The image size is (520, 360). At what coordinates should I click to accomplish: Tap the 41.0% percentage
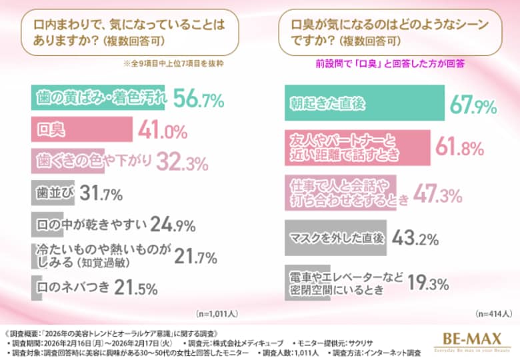coord(163,131)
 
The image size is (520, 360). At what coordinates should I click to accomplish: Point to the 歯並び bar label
coord(53,193)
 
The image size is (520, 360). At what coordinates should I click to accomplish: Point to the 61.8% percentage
coord(459,147)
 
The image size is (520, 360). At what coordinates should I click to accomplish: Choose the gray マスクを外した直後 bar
coord(327,237)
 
